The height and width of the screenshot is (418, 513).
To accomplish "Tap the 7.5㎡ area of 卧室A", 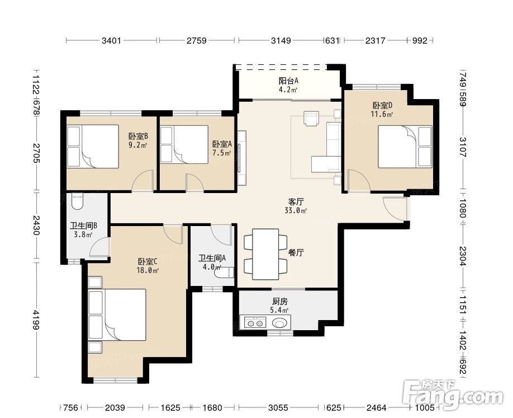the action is coord(222,153).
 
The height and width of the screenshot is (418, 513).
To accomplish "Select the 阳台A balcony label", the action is coord(288,81).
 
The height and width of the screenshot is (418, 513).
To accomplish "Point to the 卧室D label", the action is coord(382,106).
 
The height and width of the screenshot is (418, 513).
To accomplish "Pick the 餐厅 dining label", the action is coord(296,252).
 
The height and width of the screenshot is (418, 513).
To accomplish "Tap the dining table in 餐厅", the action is coord(265,254).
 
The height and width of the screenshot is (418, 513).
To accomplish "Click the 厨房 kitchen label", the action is coord(280,301).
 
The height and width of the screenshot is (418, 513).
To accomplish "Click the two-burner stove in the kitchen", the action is coord(255,323).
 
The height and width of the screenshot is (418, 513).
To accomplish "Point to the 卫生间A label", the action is coord(212,258).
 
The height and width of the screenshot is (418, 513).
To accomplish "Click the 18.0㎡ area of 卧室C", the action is coord(148,270).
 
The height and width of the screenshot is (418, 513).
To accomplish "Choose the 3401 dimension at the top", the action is coord(112,41).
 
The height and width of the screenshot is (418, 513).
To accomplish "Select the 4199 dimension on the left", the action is coord(36,320).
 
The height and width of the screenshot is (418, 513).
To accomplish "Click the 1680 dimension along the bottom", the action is coord(212,408).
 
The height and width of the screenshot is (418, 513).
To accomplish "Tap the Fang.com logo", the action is coord(453,393).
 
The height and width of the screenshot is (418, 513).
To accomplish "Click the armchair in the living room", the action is coord(311,118).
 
